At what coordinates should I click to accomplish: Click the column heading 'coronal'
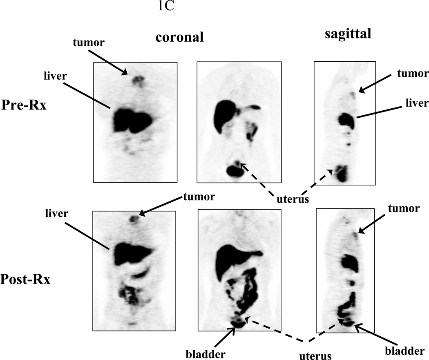[x=179, y=38]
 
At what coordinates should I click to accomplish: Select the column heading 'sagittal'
[x=348, y=34]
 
